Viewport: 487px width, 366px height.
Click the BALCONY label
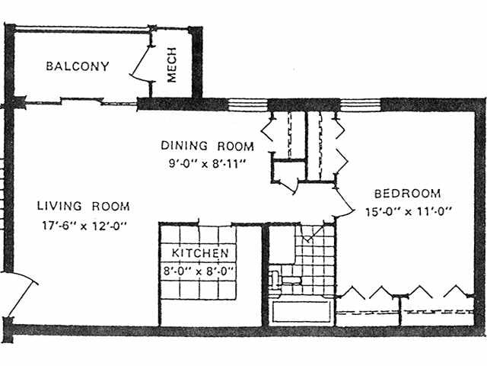pos(78,66)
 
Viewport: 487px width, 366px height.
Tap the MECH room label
pos(171,65)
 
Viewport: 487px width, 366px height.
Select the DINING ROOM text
pos(207,146)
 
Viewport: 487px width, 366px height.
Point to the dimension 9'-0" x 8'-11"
pos(207,163)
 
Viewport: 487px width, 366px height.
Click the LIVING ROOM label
pos(83,206)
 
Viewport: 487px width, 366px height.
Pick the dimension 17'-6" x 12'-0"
pos(84,225)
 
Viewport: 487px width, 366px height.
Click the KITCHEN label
pos(200,253)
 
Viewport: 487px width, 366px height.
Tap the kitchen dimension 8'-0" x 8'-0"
pos(199,271)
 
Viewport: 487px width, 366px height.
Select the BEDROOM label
pos(408,194)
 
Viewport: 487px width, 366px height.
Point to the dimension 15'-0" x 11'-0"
pos(408,212)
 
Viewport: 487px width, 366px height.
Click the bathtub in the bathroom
pos(301,312)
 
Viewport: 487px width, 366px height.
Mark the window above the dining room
pos(248,105)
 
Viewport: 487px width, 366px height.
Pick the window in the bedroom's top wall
pos(360,105)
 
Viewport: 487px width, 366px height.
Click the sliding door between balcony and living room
pos(81,101)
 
